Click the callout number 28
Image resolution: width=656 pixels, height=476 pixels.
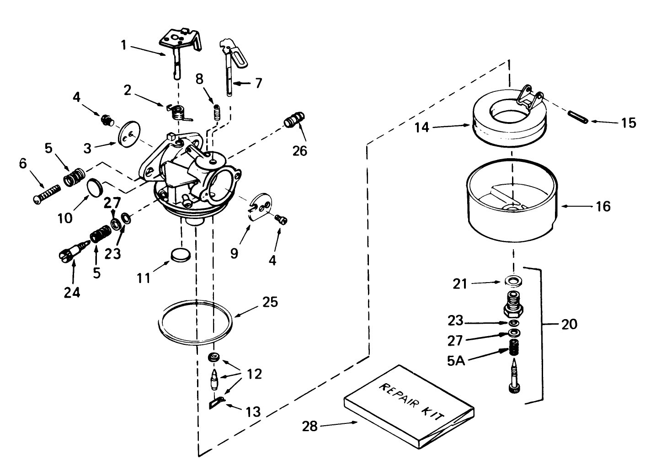coord(310,426)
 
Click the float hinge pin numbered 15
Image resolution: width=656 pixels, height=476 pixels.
coord(578,116)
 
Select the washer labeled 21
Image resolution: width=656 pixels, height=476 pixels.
coord(514,280)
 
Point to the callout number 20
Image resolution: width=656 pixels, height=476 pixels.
coord(570,324)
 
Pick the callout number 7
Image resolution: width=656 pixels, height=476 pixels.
coord(259,83)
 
